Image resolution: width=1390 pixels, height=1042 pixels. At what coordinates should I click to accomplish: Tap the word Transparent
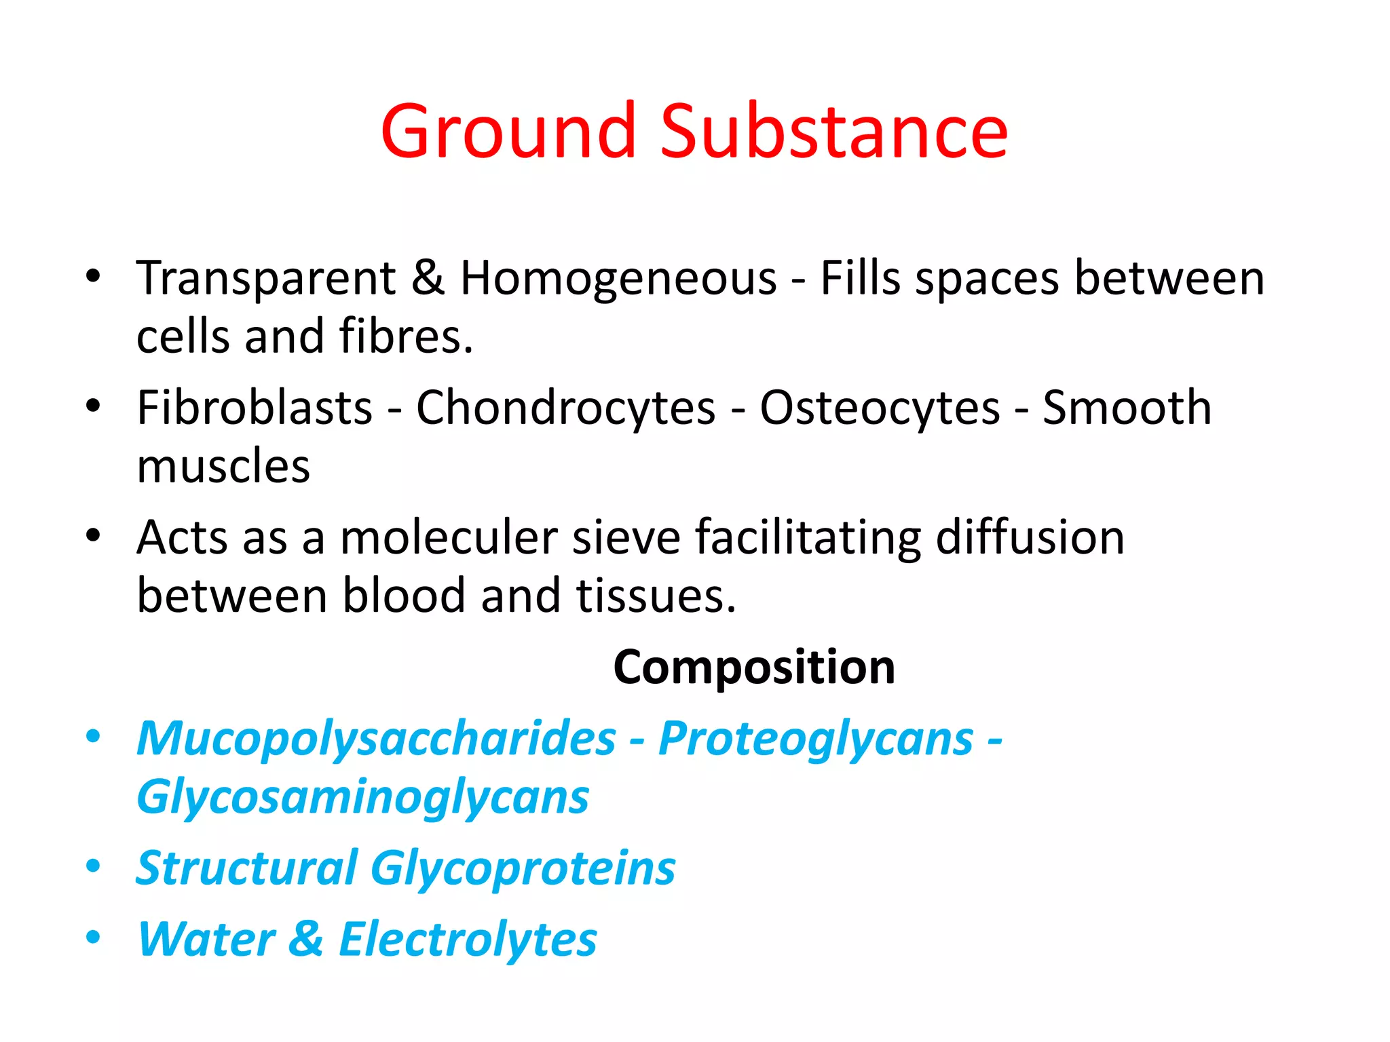tap(266, 279)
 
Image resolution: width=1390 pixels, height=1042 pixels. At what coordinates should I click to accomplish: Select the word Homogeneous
tap(618, 279)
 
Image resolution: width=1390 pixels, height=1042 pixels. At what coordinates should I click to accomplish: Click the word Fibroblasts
tap(255, 408)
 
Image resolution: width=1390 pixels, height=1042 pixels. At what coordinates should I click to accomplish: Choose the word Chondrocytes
tap(565, 408)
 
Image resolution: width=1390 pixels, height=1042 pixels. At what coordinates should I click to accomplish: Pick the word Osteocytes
tap(880, 408)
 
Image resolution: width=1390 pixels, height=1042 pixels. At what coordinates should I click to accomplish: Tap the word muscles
tap(223, 467)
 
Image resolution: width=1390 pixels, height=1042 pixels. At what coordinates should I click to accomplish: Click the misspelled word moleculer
tap(449, 538)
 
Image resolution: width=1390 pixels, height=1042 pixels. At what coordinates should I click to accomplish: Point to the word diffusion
tap(1030, 538)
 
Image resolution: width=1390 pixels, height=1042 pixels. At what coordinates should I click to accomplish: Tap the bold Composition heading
tap(754, 668)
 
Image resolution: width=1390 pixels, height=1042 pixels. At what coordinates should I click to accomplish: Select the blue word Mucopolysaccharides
tap(376, 739)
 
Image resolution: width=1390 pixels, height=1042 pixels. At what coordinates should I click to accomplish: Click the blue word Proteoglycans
tap(816, 739)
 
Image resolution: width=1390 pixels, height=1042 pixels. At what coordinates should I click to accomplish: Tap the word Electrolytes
tap(468, 940)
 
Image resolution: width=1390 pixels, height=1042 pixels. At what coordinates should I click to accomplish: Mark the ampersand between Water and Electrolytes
tap(306, 939)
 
